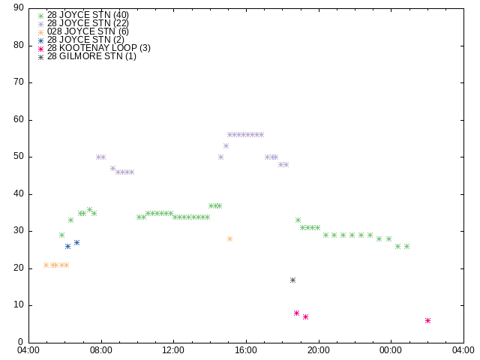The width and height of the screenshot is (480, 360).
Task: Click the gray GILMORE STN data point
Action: [x=292, y=280]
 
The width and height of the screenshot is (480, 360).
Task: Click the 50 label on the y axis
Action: [x=19, y=157]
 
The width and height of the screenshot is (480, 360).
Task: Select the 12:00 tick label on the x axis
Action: [x=173, y=350]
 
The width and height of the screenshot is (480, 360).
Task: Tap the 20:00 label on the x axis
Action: [x=319, y=350]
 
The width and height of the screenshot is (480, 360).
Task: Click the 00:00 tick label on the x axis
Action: [x=391, y=350]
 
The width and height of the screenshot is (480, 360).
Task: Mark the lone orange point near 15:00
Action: [x=229, y=238]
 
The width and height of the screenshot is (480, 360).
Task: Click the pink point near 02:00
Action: [x=427, y=320]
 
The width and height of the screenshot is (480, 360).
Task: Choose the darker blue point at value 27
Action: [x=76, y=243]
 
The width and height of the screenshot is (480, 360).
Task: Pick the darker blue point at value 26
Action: [x=68, y=247]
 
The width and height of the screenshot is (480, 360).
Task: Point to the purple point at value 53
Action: [x=226, y=146]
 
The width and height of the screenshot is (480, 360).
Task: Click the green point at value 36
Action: [x=89, y=210]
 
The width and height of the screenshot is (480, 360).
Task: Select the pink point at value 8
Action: [x=296, y=313]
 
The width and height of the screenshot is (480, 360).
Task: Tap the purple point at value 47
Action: [x=112, y=168]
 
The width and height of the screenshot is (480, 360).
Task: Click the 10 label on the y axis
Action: [x=19, y=305]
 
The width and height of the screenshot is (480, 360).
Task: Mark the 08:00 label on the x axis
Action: [x=101, y=350]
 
